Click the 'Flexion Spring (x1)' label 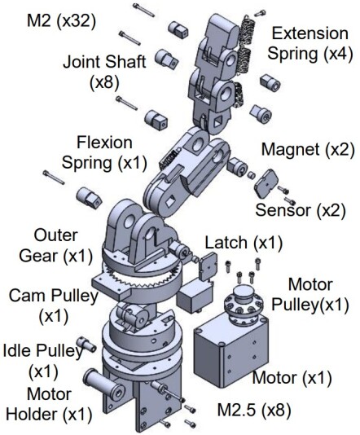pyautogui.click(x=110, y=151)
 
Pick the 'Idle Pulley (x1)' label pyautogui.click(x=42, y=360)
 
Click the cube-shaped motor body pyautogui.click(x=230, y=350)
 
